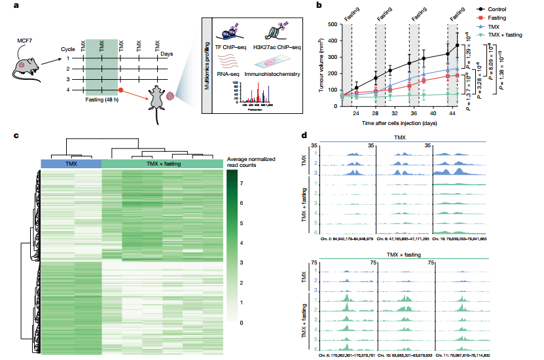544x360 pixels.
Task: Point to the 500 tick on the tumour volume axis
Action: click(x=333, y=24)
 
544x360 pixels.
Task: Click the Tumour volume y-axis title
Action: click(x=322, y=65)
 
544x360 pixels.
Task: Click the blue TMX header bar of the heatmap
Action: click(x=71, y=164)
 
